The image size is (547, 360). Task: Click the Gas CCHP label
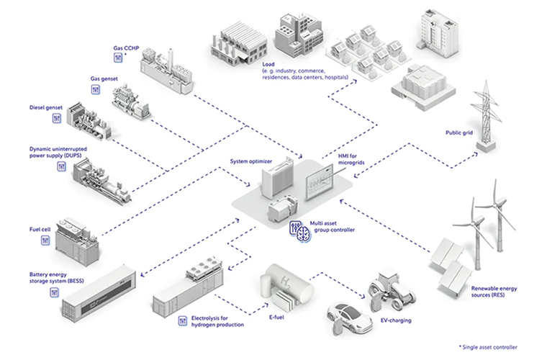coord(126,48)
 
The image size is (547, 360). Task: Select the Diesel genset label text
coord(45,107)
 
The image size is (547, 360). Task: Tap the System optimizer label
coord(251,161)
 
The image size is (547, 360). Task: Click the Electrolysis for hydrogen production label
coord(212,321)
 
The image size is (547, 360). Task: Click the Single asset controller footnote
coord(487,348)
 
